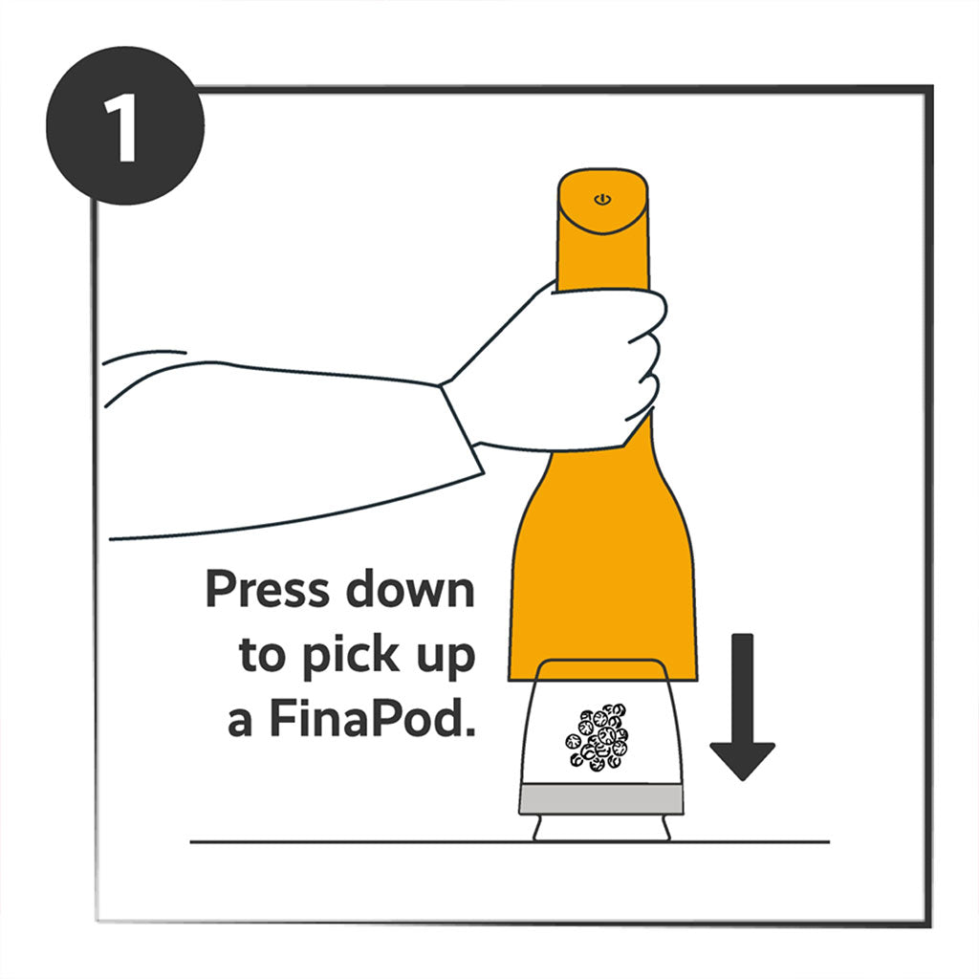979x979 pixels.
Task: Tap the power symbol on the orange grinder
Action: (602, 199)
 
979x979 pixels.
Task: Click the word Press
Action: (268, 588)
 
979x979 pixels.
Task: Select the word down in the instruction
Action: (410, 588)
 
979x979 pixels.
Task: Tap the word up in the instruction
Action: (446, 658)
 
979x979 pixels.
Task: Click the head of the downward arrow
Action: (742, 760)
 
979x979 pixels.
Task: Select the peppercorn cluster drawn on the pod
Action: (597, 737)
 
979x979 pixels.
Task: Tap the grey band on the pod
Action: (601, 800)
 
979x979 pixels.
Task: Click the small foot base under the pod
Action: (601, 828)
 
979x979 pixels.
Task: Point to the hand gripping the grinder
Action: (562, 368)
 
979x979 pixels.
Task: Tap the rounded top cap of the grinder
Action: (602, 201)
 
